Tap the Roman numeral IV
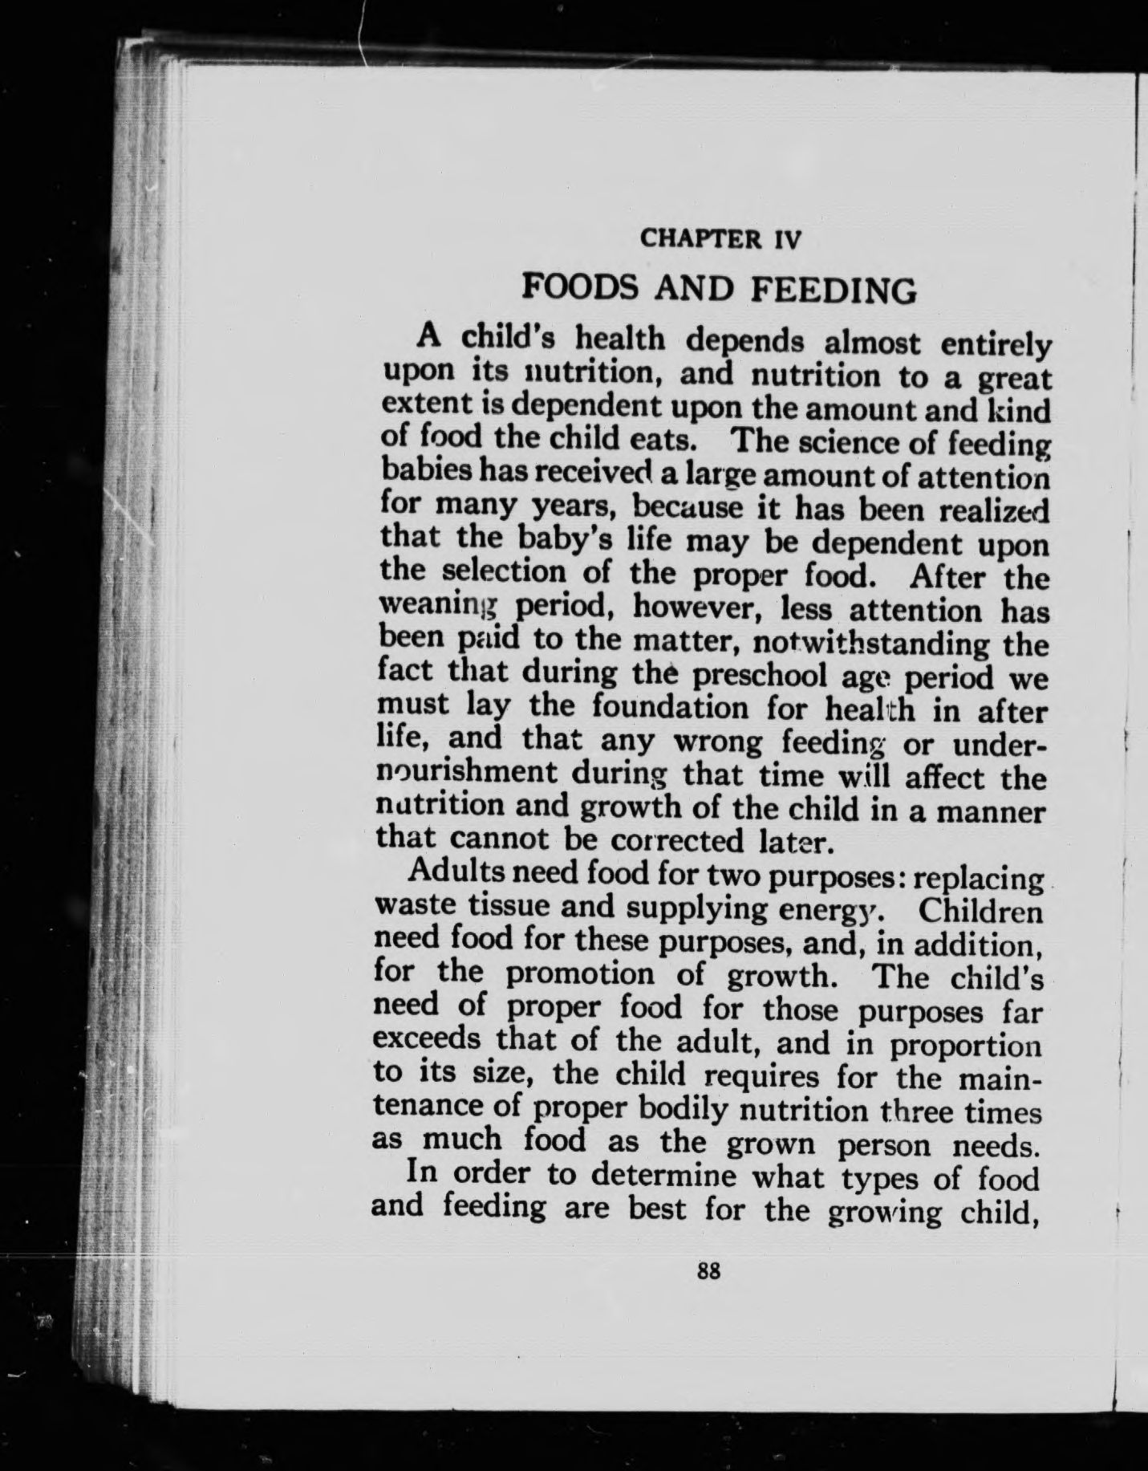(786, 239)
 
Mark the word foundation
(671, 709)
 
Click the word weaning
(428, 611)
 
